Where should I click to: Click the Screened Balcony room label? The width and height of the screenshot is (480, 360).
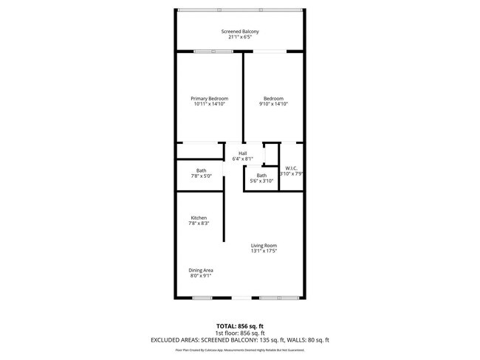(x=240, y=32)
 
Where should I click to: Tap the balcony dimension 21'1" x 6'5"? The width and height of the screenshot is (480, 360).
(x=240, y=38)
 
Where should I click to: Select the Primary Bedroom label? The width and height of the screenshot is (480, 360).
(x=209, y=99)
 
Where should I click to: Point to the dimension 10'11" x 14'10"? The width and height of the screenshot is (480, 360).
(x=209, y=105)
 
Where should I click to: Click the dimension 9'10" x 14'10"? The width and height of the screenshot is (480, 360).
(x=273, y=105)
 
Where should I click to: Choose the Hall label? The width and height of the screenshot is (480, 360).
(x=242, y=153)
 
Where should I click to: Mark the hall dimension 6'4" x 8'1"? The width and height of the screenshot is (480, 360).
(x=242, y=159)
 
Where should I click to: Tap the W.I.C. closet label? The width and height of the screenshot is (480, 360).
(x=291, y=167)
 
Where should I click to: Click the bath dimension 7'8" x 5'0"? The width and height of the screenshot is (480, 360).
(x=201, y=176)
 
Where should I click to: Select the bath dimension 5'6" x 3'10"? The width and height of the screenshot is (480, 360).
(x=261, y=181)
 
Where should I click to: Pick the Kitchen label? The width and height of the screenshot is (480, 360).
(x=199, y=218)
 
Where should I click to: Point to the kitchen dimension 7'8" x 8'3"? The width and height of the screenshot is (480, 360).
(x=199, y=224)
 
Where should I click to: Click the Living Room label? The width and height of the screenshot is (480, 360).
(x=264, y=246)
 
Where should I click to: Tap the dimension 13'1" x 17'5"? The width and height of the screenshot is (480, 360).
(x=264, y=252)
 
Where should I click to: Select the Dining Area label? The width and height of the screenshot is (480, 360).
(x=201, y=270)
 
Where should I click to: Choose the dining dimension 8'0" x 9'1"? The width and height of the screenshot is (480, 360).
(x=200, y=276)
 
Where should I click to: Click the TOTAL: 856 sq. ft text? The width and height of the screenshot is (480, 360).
(x=240, y=325)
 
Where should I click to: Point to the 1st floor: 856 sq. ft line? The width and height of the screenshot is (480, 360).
(x=240, y=333)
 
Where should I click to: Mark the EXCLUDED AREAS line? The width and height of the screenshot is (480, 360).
(x=240, y=340)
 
